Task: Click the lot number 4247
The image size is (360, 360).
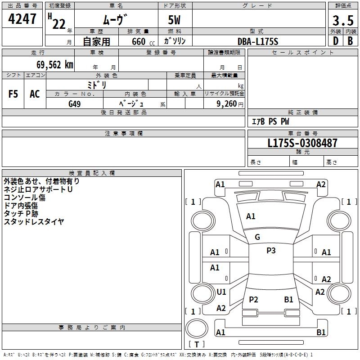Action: (22, 20)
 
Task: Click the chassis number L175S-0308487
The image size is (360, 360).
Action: (302, 144)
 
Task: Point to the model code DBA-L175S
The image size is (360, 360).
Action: (258, 41)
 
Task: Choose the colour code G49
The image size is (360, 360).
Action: (75, 103)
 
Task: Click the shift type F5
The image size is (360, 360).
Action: (13, 94)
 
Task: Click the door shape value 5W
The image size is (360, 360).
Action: (175, 21)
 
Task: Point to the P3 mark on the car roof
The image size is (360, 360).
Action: (270, 251)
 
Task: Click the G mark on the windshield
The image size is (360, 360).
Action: (257, 237)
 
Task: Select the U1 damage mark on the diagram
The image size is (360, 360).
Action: (221, 292)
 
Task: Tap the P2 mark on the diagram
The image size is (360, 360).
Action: (253, 300)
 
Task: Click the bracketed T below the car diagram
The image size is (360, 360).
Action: (197, 344)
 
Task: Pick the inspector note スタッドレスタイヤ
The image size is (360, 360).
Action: (34, 221)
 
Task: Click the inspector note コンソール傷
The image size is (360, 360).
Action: (25, 197)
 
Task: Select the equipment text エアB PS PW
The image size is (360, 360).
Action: (270, 121)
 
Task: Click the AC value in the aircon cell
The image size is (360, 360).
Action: (35, 94)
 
